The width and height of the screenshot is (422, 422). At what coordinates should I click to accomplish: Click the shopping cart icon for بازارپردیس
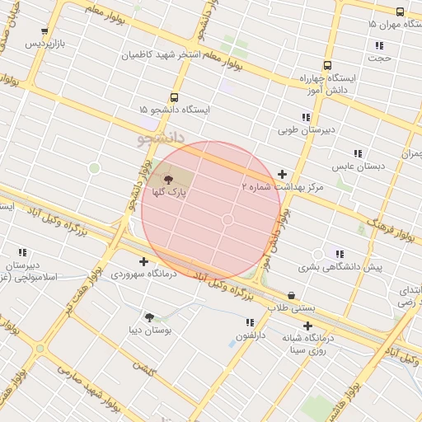45,32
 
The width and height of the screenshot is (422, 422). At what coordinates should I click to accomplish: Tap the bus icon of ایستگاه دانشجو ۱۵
173,97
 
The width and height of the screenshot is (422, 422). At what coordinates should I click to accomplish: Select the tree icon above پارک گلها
168,179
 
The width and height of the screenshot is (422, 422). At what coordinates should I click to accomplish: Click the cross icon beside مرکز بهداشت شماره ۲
283,175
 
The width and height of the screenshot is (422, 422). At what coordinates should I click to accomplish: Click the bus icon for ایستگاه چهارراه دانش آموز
327,65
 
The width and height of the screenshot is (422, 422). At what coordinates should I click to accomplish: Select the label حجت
379,59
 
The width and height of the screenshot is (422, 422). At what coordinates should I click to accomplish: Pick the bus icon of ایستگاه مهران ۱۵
400,12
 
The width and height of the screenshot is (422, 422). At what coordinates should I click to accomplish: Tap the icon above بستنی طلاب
291,295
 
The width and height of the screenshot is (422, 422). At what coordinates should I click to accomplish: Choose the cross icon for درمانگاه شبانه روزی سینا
307,326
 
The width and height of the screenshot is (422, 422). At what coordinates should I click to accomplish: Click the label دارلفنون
251,335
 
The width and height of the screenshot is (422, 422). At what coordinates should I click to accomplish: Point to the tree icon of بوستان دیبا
149,317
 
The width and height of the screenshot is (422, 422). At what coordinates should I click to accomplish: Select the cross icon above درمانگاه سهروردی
144,261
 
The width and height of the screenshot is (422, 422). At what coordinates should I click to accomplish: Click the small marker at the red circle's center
228,219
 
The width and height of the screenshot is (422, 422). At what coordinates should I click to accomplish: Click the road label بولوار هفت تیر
69,313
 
